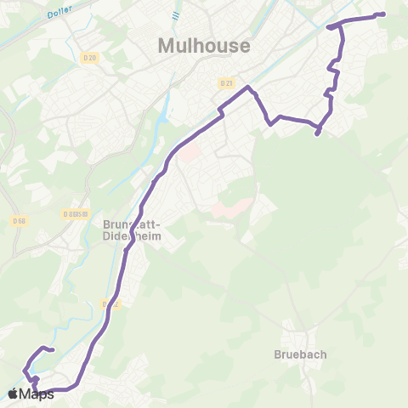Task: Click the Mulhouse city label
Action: pyautogui.click(x=204, y=45)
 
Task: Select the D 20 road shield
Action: pyautogui.click(x=92, y=57)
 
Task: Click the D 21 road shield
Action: pyautogui.click(x=225, y=83)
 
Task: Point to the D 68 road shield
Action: pyautogui.click(x=19, y=221)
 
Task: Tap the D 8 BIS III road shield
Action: pyautogui.click(x=76, y=214)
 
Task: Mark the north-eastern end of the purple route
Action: pyautogui.click(x=383, y=14)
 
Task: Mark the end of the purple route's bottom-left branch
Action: pyautogui.click(x=53, y=349)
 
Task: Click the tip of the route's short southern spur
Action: pyautogui.click(x=317, y=133)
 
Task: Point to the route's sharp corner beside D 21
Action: pyautogui.click(x=248, y=88)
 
